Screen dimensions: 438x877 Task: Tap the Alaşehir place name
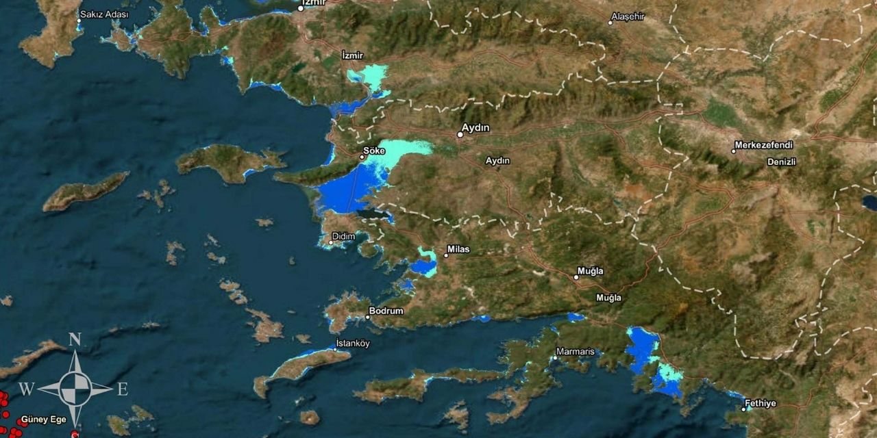(x=629, y=16)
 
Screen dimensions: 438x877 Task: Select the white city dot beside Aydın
(x=460, y=135)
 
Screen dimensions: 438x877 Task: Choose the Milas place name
(x=458, y=249)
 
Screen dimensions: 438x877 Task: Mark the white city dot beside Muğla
(x=576, y=277)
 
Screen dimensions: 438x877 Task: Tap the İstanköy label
(x=353, y=343)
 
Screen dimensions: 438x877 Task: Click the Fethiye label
(x=761, y=403)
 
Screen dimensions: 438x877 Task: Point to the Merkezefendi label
(x=763, y=145)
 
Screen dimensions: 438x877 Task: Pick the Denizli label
(x=781, y=162)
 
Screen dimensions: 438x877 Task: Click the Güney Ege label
(x=44, y=419)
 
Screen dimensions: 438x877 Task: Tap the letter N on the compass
(x=75, y=339)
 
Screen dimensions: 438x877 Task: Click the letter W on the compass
(x=26, y=389)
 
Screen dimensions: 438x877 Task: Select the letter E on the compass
(x=123, y=389)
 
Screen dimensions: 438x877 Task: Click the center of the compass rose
(x=75, y=389)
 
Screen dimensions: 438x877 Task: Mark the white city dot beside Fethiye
(x=743, y=409)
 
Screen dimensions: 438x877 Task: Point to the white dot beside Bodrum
(x=369, y=317)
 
